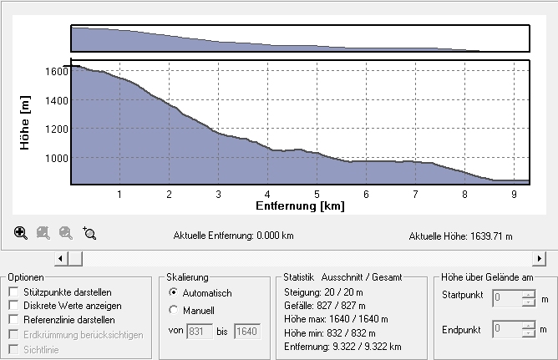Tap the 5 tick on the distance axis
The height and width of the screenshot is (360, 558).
[x=317, y=193]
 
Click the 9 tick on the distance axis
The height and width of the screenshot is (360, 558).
[x=514, y=193]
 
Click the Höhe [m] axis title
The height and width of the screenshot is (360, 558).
[x=25, y=122]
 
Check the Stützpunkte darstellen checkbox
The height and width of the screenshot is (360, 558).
[x=13, y=292]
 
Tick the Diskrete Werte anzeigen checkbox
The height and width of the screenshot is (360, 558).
[x=13, y=306]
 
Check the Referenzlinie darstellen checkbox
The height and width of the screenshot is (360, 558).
[x=13, y=319]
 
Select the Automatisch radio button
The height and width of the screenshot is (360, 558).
[x=173, y=293]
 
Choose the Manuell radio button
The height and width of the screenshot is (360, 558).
[x=173, y=310]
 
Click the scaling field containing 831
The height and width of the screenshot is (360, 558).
[x=200, y=332]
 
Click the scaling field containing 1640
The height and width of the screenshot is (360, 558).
[x=247, y=332]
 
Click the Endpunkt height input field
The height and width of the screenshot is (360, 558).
[x=507, y=330]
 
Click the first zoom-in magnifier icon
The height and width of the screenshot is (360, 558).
[x=21, y=233]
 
